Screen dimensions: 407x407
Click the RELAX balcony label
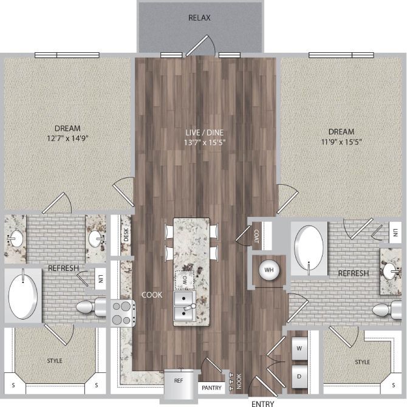[x=200, y=18]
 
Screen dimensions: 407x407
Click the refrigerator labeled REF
[x=179, y=382]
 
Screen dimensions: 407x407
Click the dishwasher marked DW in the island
[x=182, y=281]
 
